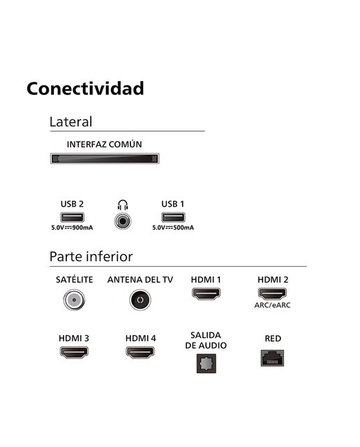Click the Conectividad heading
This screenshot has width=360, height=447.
point(85,89)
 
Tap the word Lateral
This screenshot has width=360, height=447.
point(70,122)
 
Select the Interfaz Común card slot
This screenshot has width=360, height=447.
point(105,159)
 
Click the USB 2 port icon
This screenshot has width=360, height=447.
point(72,217)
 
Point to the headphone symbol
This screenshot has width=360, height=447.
point(123,205)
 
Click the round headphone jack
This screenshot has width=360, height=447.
point(123,221)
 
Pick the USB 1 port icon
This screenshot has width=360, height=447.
point(173,217)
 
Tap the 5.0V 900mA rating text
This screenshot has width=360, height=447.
point(72,228)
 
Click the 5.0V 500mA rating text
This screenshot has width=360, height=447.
point(173,228)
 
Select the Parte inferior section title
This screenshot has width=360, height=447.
point(91,256)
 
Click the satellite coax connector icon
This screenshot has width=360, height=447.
point(74,300)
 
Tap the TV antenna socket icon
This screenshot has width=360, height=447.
point(140,300)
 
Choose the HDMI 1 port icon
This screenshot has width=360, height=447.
point(207,293)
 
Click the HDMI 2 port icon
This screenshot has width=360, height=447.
point(272,293)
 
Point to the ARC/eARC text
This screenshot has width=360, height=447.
point(272,305)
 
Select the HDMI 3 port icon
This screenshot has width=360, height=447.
point(74,352)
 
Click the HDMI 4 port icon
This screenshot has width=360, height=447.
point(140,352)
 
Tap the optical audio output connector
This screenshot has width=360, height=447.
point(207,363)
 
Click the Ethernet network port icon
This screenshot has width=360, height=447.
point(272,358)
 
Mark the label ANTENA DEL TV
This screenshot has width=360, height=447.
point(140,280)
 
